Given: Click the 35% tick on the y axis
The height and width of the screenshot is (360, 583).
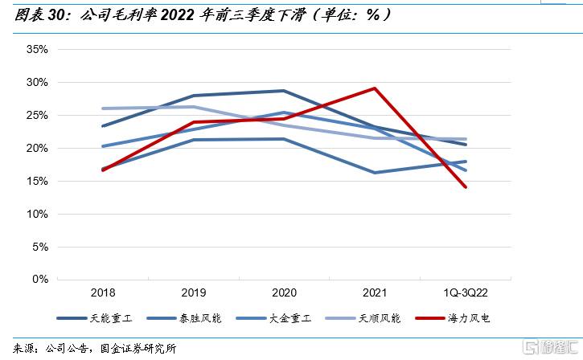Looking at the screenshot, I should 38,49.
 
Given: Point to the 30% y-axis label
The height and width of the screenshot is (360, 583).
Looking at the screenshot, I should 38,82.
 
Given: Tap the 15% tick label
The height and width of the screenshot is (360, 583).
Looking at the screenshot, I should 38,181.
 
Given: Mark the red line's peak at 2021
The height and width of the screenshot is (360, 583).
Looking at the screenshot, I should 375,88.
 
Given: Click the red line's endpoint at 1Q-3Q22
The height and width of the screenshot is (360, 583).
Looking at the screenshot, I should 466,187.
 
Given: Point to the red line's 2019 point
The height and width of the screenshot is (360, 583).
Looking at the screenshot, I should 194,122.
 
